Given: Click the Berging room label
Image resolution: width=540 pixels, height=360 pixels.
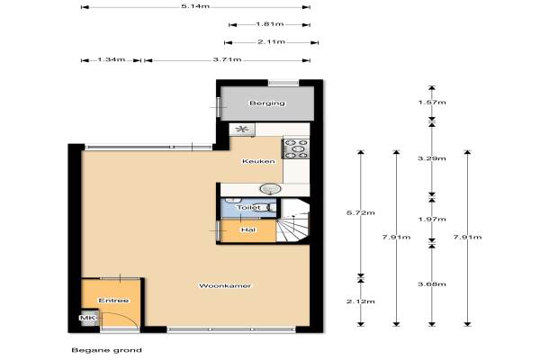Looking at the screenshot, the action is [x=267, y=103].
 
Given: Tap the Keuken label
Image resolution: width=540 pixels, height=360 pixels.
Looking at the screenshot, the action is [x=258, y=161].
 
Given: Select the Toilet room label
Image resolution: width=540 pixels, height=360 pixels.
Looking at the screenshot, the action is [x=248, y=207].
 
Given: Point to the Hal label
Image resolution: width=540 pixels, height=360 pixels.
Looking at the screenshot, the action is [x=248, y=229].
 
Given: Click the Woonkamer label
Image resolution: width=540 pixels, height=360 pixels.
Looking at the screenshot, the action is [x=225, y=285].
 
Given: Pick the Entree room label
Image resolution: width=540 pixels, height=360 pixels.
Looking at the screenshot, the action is [x=113, y=301].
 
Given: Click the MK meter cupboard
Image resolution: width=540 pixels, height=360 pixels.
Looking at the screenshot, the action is [x=88, y=318].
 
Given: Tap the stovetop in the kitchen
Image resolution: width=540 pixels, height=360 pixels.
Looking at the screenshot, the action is [x=296, y=148].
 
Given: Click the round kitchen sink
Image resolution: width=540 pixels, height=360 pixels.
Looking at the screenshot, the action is [x=270, y=189].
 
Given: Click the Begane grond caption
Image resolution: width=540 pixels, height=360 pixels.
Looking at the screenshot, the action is [x=107, y=350].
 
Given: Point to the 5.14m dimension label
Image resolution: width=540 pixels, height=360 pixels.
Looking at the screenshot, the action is [x=195, y=6].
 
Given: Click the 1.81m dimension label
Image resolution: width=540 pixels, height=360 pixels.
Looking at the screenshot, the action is [x=270, y=24].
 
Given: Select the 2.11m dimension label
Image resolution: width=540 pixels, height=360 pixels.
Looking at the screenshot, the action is [x=272, y=42].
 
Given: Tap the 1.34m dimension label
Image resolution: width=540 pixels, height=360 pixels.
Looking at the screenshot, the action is [x=112, y=59].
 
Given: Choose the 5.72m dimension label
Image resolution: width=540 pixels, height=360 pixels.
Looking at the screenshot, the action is [x=361, y=213].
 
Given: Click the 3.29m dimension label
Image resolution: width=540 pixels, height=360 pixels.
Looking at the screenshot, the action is [x=432, y=158].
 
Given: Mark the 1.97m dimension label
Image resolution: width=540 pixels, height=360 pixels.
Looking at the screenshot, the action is [x=432, y=219].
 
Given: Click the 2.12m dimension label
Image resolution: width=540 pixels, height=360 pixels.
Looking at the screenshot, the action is [x=361, y=301].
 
